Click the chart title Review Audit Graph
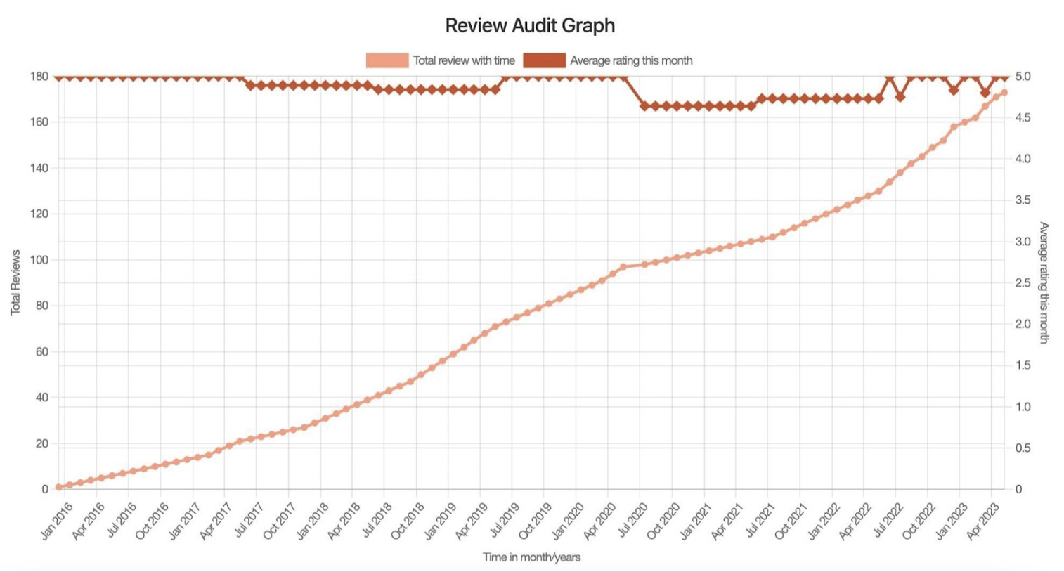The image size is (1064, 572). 530,25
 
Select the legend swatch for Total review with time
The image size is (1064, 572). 387,60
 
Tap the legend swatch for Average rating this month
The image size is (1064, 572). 544,60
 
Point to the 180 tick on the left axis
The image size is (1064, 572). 39,76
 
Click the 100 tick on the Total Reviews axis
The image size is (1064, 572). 39,260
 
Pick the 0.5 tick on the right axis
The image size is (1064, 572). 1023,448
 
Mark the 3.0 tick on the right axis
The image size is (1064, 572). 1023,241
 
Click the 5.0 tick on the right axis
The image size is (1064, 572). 1023,76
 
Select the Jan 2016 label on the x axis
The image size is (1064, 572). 56,521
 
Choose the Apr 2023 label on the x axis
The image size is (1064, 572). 984,521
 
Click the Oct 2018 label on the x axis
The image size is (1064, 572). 408,521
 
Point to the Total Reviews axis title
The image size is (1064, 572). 15,282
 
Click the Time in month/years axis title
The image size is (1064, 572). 531,557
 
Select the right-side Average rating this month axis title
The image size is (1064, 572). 1044,282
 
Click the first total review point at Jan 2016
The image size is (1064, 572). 58,487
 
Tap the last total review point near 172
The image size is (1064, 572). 1004,93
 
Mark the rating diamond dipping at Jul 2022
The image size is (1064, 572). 900,97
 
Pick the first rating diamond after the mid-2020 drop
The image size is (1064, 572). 644,106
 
